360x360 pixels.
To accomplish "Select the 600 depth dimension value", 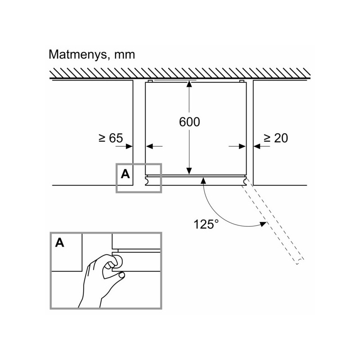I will [x=189, y=121].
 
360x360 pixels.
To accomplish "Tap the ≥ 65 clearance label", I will [x=110, y=138].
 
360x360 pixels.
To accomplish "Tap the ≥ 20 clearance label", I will [x=275, y=138].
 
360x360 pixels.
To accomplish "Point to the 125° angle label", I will [x=206, y=224].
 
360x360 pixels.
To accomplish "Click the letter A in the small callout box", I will [x=125, y=174].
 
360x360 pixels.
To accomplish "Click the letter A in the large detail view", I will [x=60, y=243].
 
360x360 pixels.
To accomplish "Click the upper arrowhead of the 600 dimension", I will [x=189, y=86].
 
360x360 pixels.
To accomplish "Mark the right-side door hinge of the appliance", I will [x=246, y=180].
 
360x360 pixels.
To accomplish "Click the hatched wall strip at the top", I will [x=180, y=72].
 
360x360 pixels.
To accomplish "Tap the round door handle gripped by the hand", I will [x=118, y=261].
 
